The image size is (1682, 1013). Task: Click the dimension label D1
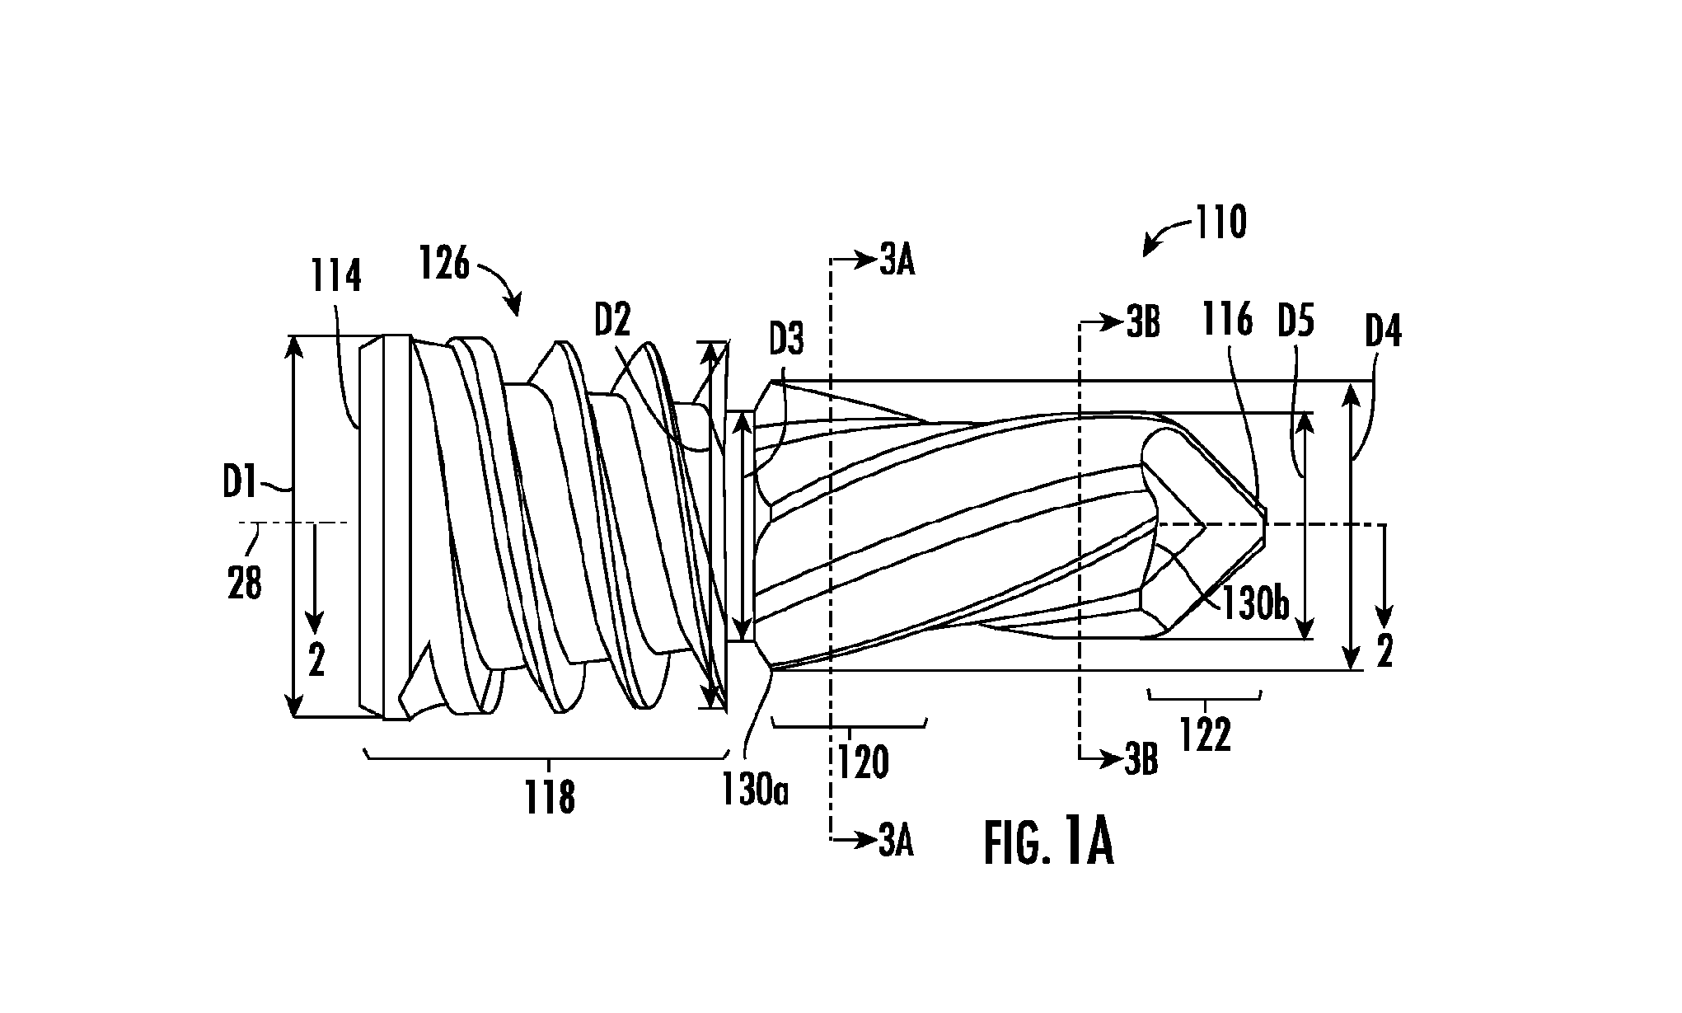click(x=240, y=483)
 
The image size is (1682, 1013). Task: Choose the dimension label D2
click(x=611, y=320)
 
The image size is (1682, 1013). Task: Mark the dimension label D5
click(x=1295, y=321)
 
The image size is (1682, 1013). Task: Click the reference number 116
click(x=1227, y=319)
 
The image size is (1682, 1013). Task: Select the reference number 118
click(x=550, y=798)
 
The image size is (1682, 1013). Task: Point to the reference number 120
click(x=864, y=762)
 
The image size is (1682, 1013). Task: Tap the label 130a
click(x=756, y=791)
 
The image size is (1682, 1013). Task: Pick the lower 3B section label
click(x=1141, y=763)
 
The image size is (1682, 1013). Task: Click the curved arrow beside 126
click(x=500, y=284)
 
